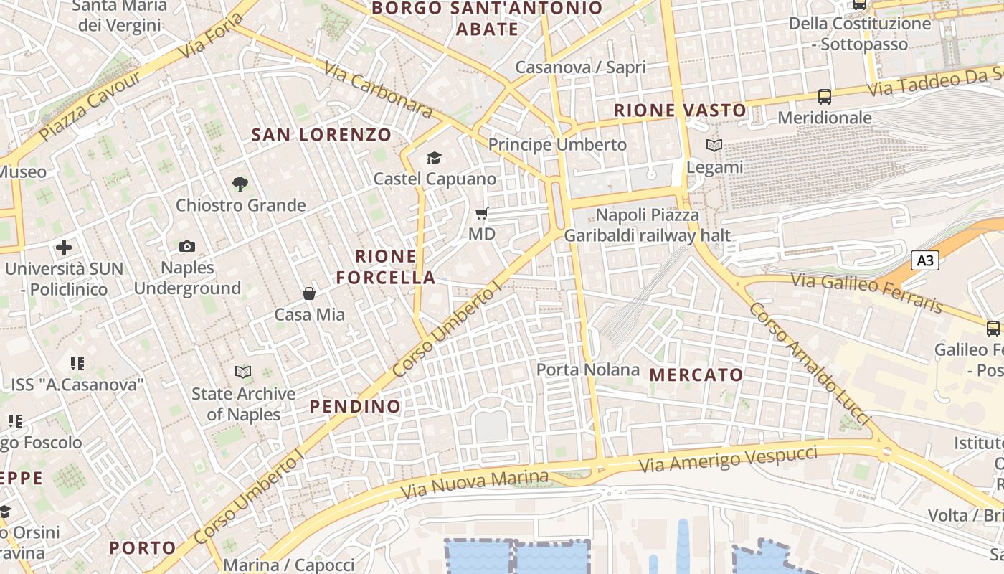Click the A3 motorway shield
[925, 260]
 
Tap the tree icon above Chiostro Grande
[240, 184]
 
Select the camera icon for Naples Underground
[187, 247]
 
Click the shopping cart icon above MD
[482, 213]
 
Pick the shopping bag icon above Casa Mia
[309, 293]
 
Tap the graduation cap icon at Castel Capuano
[434, 158]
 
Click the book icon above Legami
[714, 146]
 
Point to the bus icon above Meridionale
[825, 96]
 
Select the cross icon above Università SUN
[64, 248]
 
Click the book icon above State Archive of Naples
[243, 372]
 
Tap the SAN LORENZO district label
[321, 134]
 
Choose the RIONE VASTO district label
[681, 110]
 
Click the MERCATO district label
[696, 375]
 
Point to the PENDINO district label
[355, 406]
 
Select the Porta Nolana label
[588, 370]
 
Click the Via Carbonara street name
[378, 89]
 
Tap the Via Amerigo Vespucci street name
[728, 459]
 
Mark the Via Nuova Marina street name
[475, 484]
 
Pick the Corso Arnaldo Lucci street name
[808, 363]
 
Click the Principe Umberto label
[557, 144]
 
